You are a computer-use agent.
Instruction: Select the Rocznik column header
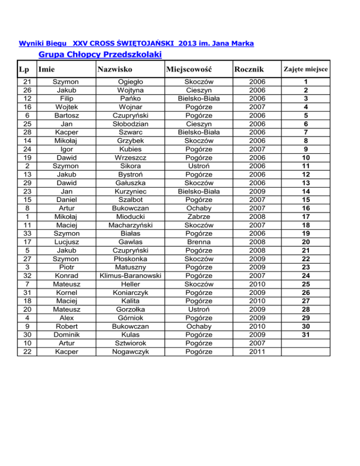tap(251, 70)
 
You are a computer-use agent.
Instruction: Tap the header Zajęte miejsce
tap(305, 70)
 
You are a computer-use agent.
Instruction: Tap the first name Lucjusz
tap(66, 241)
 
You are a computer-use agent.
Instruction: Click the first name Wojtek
tap(66, 107)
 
